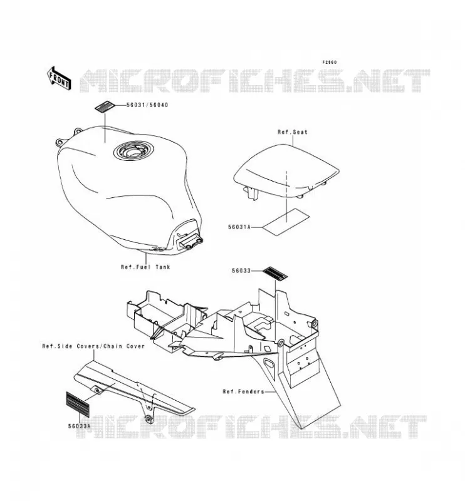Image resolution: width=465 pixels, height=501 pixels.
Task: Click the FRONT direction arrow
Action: pyautogui.click(x=59, y=78)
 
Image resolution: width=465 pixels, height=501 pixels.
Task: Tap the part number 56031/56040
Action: pyautogui.click(x=147, y=105)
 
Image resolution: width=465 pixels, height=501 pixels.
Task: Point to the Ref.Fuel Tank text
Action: pyautogui.click(x=145, y=267)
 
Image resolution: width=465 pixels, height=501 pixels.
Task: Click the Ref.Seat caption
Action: pyautogui.click(x=292, y=132)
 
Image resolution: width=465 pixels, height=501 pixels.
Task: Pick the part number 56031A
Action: pyautogui.click(x=239, y=227)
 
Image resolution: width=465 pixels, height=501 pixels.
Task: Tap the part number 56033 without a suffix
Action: pyautogui.click(x=241, y=271)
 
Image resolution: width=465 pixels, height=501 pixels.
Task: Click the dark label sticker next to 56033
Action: pyautogui.click(x=275, y=274)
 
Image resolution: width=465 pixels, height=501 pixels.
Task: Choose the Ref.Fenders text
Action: pyautogui.click(x=244, y=391)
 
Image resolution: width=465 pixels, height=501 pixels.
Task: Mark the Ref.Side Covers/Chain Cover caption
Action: pyautogui.click(x=93, y=346)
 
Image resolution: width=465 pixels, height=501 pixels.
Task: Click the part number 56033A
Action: pyautogui.click(x=79, y=426)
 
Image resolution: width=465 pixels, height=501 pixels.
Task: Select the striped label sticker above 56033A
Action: pyautogui.click(x=78, y=403)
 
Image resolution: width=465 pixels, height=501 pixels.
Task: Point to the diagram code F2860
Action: pyautogui.click(x=330, y=62)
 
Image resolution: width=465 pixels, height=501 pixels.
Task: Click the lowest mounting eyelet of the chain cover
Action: pyautogui.click(x=148, y=419)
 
